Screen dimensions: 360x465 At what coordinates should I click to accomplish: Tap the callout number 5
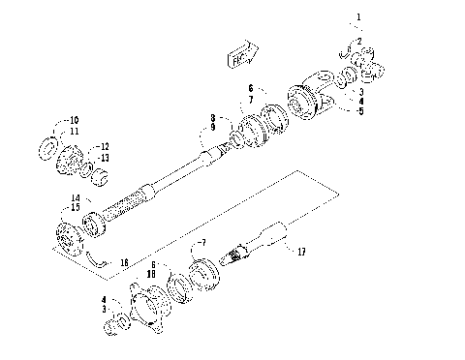[x=359, y=111]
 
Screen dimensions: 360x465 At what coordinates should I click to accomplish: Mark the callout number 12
[x=105, y=146]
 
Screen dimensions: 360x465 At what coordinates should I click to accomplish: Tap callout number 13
[x=105, y=157]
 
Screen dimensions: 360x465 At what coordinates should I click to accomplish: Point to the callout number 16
[x=123, y=262]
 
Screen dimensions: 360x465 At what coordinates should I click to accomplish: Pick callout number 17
[x=301, y=253]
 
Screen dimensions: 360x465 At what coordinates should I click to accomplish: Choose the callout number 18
[x=150, y=275]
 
